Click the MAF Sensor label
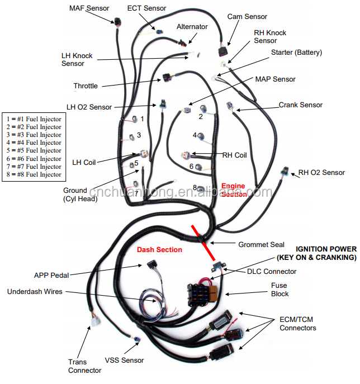coord(89,8)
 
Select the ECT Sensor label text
coord(146,8)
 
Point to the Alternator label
coord(192,26)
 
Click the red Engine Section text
coord(233,190)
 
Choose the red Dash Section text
coord(159,250)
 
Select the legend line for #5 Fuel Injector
coord(34,150)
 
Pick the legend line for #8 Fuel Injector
coord(34,174)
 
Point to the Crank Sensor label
coord(301,105)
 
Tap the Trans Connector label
coord(85,366)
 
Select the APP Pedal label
coord(51,275)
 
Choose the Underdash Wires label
coord(35,292)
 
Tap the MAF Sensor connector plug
coord(117,23)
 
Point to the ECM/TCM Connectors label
coord(297,324)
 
